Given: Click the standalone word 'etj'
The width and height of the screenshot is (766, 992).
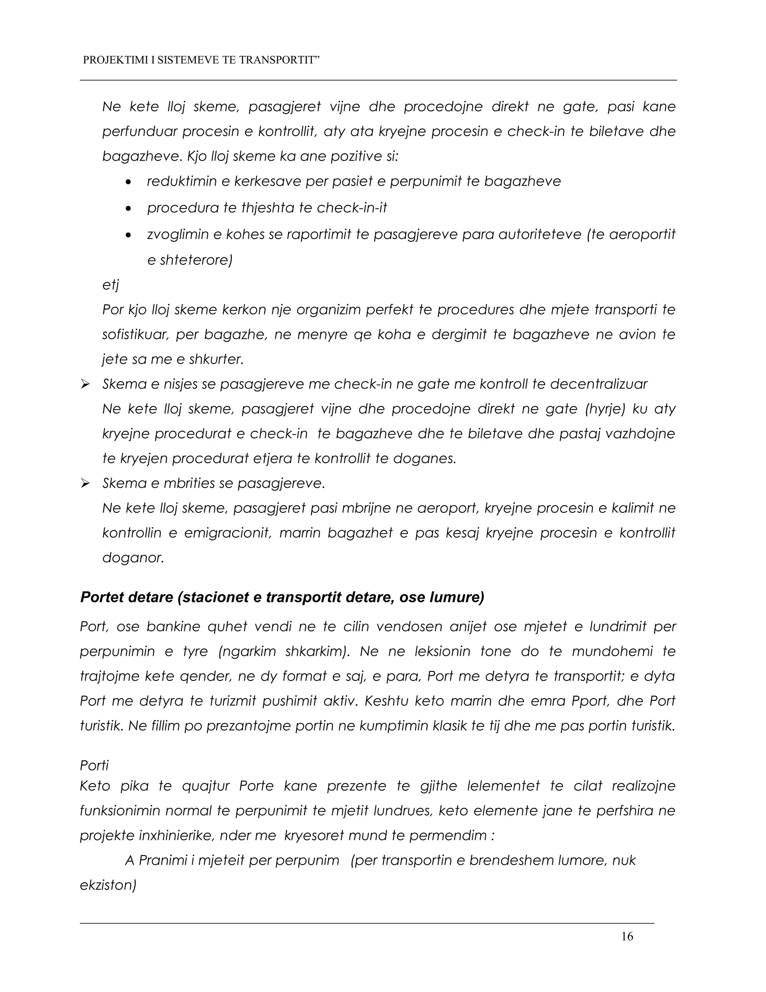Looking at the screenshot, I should point(111,285).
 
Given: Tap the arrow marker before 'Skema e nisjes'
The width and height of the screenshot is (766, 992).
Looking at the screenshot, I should point(85,385).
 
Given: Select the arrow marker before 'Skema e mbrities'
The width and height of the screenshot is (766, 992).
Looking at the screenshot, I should point(85,484).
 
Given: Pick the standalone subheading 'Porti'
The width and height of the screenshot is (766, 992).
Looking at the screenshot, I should point(94,766).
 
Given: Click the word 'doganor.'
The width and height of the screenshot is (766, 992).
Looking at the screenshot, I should point(133,558).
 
